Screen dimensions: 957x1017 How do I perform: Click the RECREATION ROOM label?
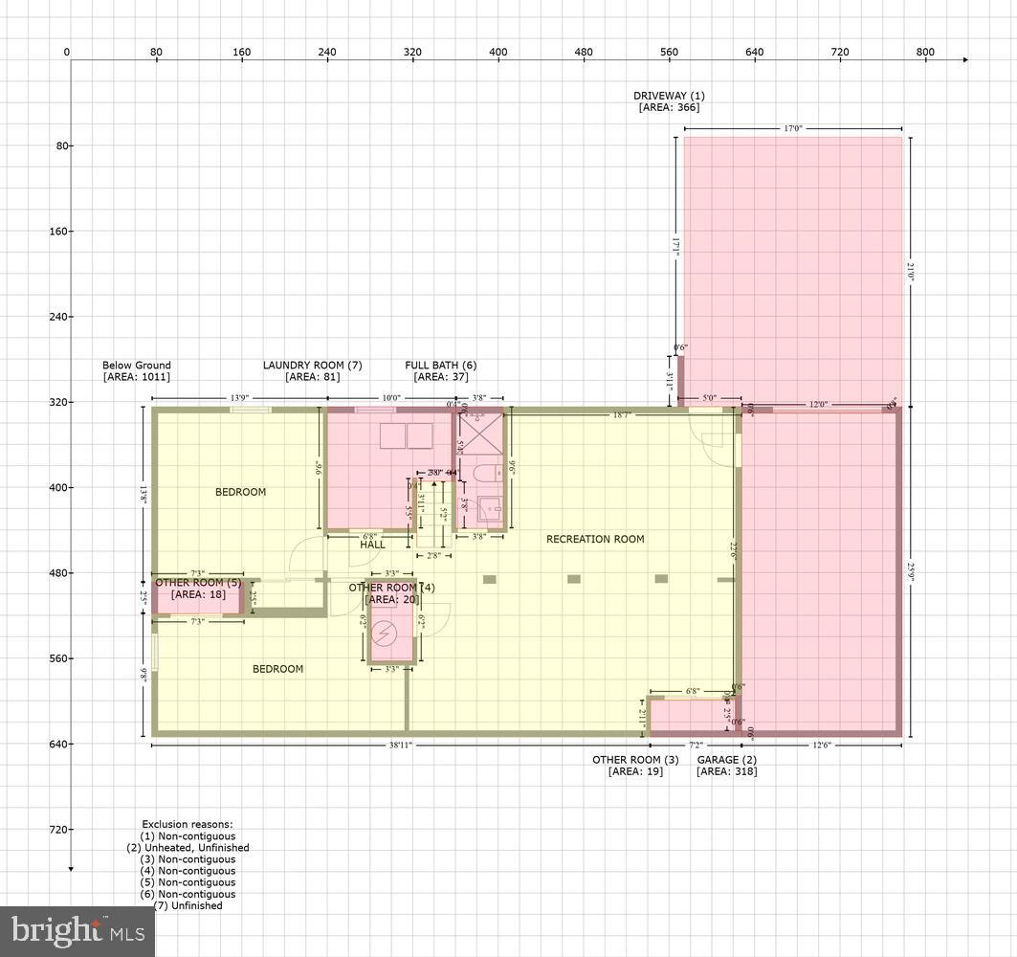595,539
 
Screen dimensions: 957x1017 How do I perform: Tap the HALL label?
372,545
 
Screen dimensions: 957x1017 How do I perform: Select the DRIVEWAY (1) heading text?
669,96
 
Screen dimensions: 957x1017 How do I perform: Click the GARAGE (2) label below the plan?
726,760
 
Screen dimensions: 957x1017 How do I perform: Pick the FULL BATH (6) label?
440,366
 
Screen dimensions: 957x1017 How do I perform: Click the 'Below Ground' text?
137,366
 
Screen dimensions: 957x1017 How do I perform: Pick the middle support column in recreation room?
574,579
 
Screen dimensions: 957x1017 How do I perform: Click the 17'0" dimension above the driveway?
793,127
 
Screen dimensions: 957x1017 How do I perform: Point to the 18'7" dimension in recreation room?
622,415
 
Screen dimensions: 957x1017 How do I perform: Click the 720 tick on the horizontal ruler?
840,52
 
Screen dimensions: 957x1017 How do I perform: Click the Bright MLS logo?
77,928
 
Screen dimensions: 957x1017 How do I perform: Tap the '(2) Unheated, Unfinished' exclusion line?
188,848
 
